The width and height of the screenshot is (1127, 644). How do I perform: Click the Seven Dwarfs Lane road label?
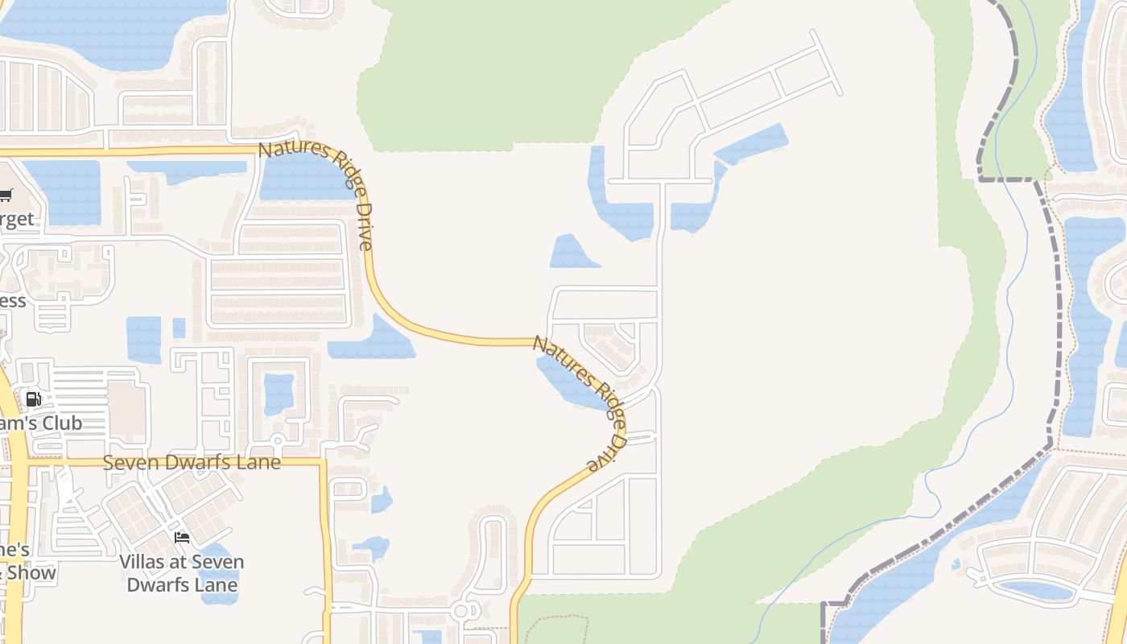tap(192, 463)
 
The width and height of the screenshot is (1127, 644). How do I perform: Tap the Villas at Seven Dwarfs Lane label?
tap(182, 573)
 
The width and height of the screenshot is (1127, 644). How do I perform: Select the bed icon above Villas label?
tap(182, 537)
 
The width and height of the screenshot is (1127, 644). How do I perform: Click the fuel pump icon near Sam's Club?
tap(33, 399)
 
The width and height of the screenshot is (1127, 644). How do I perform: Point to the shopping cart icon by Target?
tap(6, 194)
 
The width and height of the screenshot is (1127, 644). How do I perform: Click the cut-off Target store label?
tap(18, 219)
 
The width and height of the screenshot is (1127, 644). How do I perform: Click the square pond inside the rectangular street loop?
tap(279, 393)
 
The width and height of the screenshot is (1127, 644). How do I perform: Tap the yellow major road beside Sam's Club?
tap(14, 499)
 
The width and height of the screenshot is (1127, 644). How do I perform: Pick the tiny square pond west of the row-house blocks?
tap(179, 328)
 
